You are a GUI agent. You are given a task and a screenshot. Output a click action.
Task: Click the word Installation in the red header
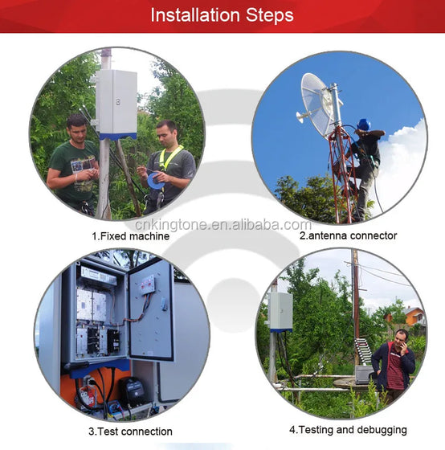tap(195, 15)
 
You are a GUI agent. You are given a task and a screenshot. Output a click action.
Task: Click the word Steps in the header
tap(270, 16)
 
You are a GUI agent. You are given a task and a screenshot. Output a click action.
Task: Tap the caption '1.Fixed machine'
tap(131, 236)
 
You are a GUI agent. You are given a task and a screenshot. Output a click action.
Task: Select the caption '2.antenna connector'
tap(349, 235)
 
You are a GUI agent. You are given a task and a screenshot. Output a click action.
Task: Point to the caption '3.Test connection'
tap(131, 432)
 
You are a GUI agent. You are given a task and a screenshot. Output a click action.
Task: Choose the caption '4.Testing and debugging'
tap(348, 430)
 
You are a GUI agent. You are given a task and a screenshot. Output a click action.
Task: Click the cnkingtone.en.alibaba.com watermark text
tap(223, 224)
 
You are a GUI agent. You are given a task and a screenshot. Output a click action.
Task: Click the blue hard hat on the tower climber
tap(364, 125)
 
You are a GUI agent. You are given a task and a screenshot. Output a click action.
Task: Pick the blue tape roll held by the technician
tap(156, 181)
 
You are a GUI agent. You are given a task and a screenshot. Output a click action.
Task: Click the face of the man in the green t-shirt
tap(77, 129)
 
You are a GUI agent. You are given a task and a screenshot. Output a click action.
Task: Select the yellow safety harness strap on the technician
tap(169, 157)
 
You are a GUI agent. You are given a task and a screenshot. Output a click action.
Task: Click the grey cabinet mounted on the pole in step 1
tap(116, 104)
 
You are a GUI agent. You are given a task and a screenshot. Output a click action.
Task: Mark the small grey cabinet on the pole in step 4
tap(280, 312)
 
